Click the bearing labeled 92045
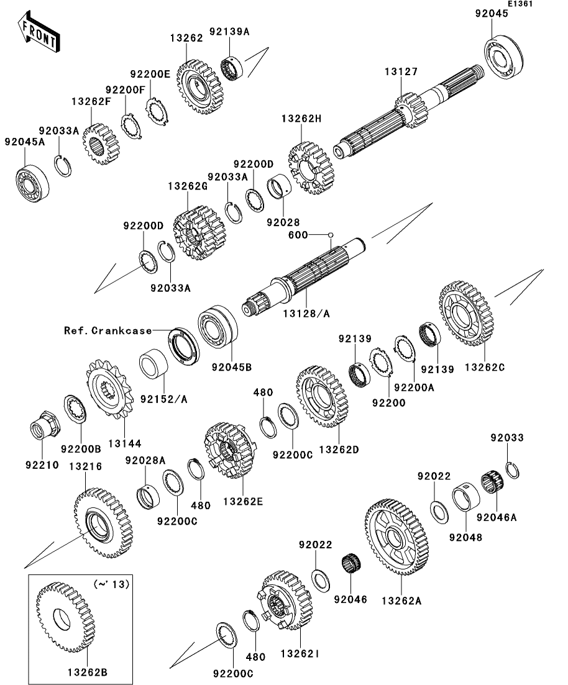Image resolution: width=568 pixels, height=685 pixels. (504, 58)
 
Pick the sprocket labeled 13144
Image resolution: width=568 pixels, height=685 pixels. (110, 390)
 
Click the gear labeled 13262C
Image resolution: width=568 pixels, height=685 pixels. (466, 314)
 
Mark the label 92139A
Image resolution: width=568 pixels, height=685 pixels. (229, 31)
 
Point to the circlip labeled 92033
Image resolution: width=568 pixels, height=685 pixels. (512, 470)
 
